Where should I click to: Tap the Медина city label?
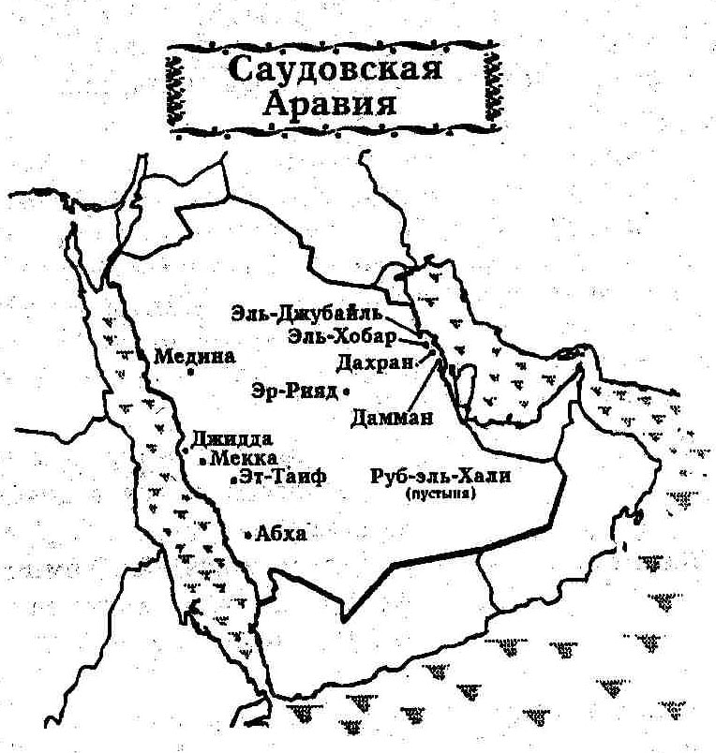[x=195, y=356]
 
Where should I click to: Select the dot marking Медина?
[x=189, y=372]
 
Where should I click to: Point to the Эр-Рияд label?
[x=294, y=391]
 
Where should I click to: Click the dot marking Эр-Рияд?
[x=346, y=391]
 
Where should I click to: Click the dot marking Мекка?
[x=203, y=461]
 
